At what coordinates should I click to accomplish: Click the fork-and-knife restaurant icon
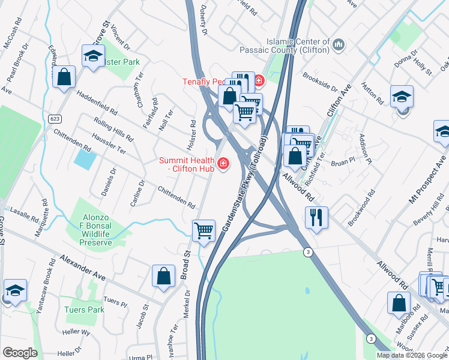coord(316,217)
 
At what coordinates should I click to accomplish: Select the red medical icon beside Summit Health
coord(223,163)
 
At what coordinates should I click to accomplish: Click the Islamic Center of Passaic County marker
coord(339,44)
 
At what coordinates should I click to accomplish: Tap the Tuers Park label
coord(84,310)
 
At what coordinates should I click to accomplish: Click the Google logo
coord(19,353)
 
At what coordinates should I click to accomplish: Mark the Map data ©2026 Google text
coord(411,355)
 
